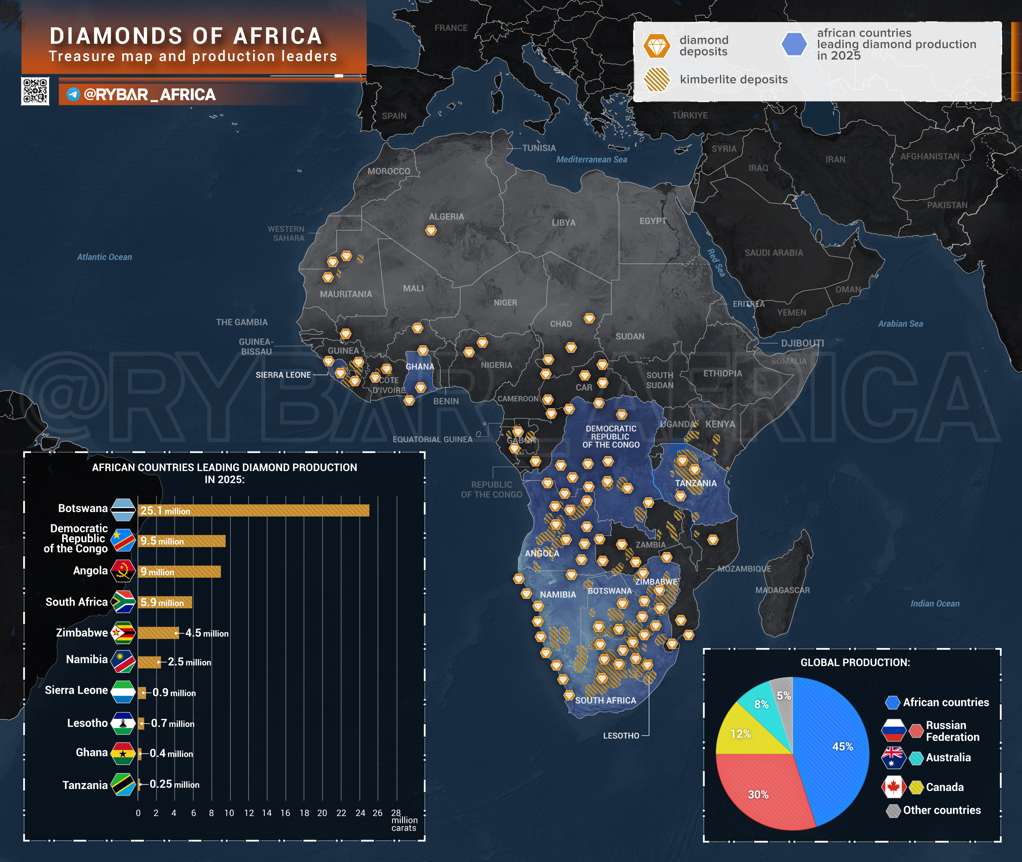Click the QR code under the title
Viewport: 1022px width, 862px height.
coord(35,91)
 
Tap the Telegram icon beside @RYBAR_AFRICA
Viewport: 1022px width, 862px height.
coord(73,94)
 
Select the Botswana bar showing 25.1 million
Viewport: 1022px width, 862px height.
coord(253,511)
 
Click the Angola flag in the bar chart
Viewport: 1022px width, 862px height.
coord(123,571)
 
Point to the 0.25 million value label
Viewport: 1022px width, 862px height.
coord(174,784)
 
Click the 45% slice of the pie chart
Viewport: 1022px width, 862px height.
coord(831,748)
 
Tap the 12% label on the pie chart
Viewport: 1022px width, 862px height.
coord(741,734)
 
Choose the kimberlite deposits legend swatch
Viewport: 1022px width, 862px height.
coord(656,79)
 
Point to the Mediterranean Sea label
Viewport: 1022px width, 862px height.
coord(591,159)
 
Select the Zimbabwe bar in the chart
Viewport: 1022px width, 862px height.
coord(158,633)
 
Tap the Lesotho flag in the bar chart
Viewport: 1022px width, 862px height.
coord(123,723)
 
